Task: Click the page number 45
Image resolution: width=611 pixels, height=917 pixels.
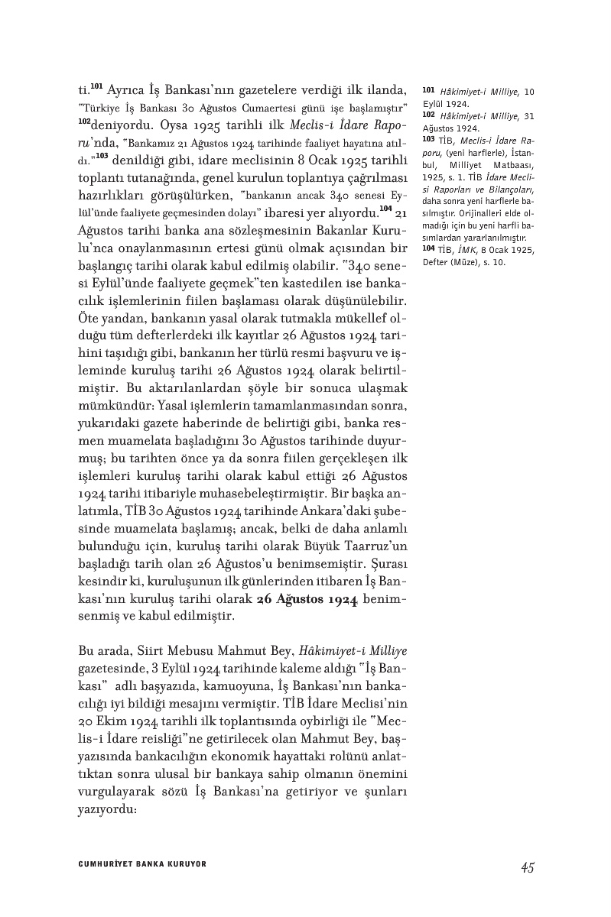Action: point(526,867)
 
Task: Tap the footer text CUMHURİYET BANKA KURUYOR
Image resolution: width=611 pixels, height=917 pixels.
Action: point(143,864)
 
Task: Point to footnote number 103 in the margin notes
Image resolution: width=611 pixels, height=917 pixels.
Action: point(428,140)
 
